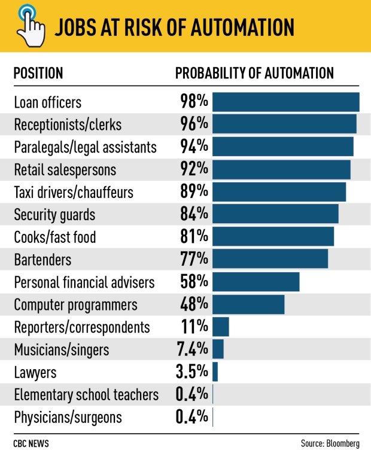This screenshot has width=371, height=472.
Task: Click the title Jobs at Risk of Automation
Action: [175, 27]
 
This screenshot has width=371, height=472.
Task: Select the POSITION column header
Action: [38, 74]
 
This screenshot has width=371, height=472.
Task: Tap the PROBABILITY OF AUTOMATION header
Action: [254, 74]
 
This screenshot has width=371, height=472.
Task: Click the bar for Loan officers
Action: [285, 102]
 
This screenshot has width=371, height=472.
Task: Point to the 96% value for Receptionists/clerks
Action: [194, 124]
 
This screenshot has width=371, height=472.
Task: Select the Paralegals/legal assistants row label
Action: [86, 147]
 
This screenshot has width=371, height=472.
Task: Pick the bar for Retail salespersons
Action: [281, 169]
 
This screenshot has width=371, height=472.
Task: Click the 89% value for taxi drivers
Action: [194, 192]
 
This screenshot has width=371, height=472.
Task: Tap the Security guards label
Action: [54, 215]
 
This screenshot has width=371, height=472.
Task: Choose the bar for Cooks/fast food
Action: [273, 237]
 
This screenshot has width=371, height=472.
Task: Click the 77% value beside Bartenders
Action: [194, 260]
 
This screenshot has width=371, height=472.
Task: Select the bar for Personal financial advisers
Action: [256, 282]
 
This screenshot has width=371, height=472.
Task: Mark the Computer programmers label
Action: [75, 304]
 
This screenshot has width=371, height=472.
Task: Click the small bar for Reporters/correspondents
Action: [220, 327]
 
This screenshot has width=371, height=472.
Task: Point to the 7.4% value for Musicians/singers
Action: [191, 349]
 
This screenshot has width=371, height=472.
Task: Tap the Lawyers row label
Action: [35, 372]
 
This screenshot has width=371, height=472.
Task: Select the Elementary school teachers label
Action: [86, 395]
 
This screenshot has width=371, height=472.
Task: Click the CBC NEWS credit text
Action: [31, 444]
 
